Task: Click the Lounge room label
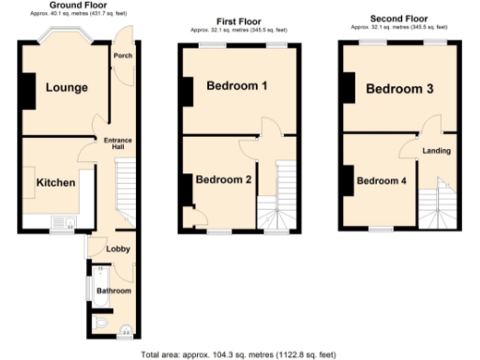(x=64, y=88)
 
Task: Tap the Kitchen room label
(x=55, y=183)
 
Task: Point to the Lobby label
(x=117, y=248)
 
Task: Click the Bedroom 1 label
(x=238, y=86)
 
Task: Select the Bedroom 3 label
(x=399, y=90)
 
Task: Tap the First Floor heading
(x=240, y=21)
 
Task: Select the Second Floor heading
(x=399, y=18)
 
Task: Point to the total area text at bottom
(x=238, y=354)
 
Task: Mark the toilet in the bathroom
(x=102, y=325)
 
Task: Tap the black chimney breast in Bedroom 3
(x=348, y=89)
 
